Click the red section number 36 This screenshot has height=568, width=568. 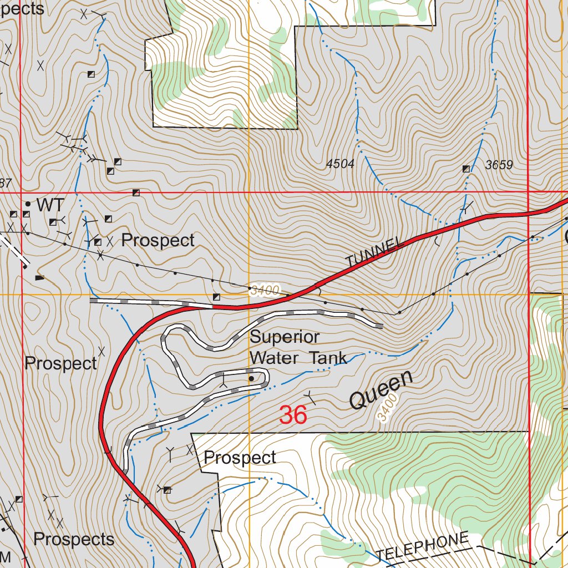pos(293,415)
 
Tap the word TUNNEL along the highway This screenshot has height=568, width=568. pos(373,253)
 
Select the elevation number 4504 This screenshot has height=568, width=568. pos(340,164)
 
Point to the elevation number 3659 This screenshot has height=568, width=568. pos(499,165)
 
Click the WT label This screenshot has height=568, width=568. pos(50,205)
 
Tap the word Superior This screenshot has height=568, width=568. pos(285,337)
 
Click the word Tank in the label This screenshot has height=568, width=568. pos(328,358)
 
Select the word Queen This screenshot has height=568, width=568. pos(382,390)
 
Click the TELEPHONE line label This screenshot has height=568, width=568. pos(423,547)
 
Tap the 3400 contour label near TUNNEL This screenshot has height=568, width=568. pos(265,290)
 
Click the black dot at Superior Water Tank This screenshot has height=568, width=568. pos(251,379)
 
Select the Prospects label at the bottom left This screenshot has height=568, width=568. pos(74,539)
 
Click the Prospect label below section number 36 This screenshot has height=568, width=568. pos(240,458)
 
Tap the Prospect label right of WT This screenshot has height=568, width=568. pos(158,240)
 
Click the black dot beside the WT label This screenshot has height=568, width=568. pos(28,204)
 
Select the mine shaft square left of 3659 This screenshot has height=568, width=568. pos(465,169)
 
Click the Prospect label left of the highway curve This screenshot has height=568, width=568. pos(61,364)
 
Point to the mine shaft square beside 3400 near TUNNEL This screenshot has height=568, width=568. pos(216,297)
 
